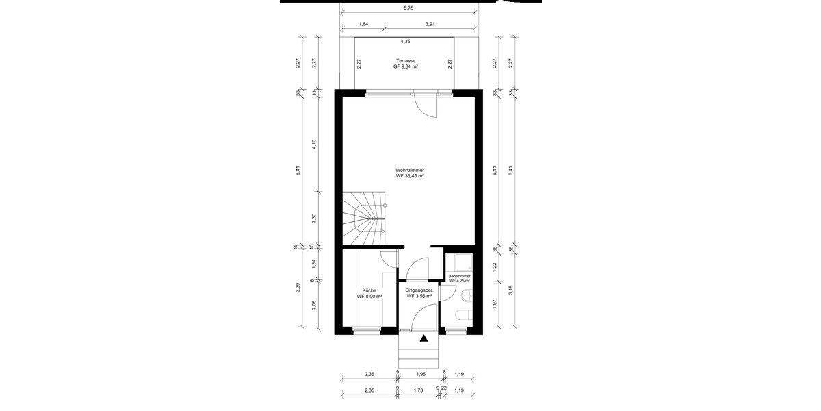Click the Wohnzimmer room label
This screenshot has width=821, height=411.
(x=409, y=173)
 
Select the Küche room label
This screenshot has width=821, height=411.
(x=369, y=293)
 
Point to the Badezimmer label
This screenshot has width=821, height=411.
(x=460, y=278)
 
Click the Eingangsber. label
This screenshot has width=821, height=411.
(x=419, y=293)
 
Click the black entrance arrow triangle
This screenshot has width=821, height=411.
(x=424, y=338)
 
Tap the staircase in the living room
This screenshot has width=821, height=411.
(x=363, y=217)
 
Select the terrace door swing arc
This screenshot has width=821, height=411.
(x=426, y=107)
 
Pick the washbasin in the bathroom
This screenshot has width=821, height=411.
(x=467, y=295)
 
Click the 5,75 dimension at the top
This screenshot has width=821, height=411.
(x=408, y=8)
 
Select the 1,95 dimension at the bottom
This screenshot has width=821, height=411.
(x=421, y=374)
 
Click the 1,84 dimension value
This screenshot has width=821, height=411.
(x=363, y=24)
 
